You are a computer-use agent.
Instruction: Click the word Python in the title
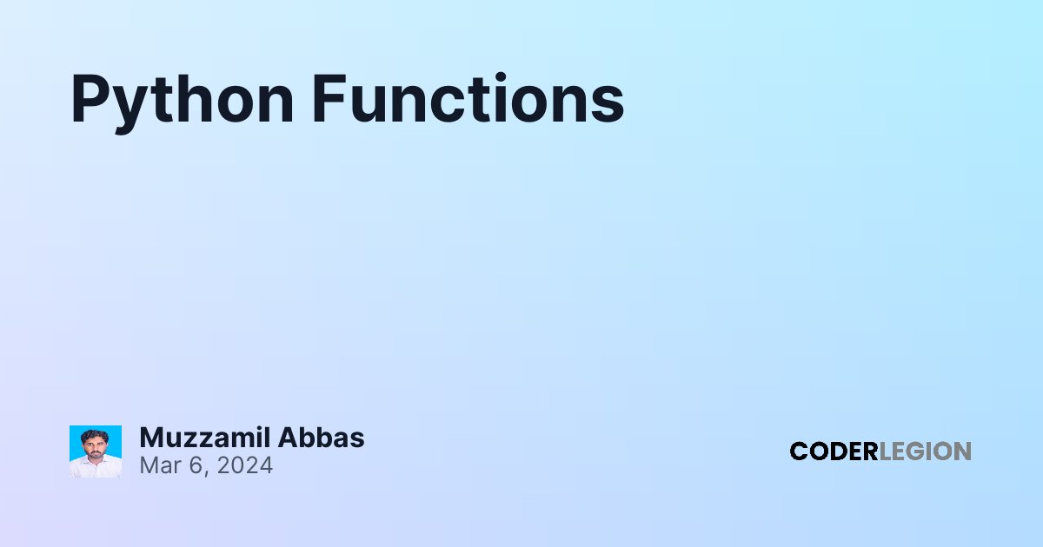(182, 103)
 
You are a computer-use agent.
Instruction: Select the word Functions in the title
(468, 98)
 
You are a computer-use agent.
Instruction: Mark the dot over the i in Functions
(501, 76)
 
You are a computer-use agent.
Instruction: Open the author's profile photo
(96, 451)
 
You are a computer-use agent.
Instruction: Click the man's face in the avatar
(94, 445)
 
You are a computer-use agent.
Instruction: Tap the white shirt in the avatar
(96, 467)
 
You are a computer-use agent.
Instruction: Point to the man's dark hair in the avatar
(94, 435)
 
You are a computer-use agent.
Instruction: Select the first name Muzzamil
(205, 438)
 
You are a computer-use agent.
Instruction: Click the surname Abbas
(322, 438)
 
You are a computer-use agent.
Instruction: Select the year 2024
(245, 465)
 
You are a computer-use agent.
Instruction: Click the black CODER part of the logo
(834, 451)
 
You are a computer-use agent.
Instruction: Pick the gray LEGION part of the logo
(925, 451)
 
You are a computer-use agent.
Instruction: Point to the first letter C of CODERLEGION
(799, 451)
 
